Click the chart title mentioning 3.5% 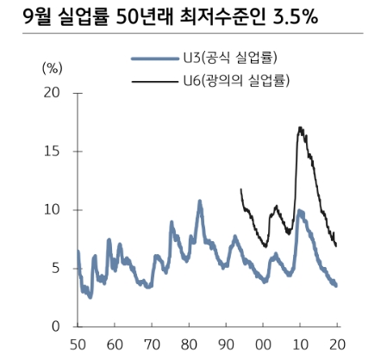tap(164, 17)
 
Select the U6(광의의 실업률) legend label tap(234, 81)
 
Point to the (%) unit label tap(53, 66)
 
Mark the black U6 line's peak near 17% tap(299, 127)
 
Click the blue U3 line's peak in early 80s tap(199, 202)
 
